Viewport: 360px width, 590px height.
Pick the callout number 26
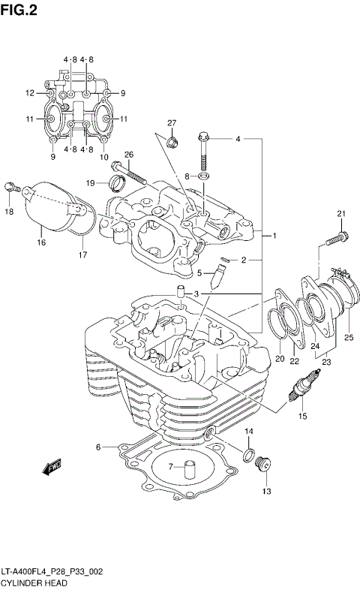[x=128, y=155]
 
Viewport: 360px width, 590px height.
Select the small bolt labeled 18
[x=10, y=188]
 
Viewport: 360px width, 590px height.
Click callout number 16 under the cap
[x=42, y=242]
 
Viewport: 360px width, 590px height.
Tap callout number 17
[x=82, y=254]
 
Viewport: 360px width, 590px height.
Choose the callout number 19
[x=90, y=182]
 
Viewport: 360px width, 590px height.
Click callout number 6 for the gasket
[x=98, y=447]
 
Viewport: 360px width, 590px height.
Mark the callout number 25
[x=348, y=337]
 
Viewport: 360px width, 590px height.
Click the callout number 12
[x=30, y=93]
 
